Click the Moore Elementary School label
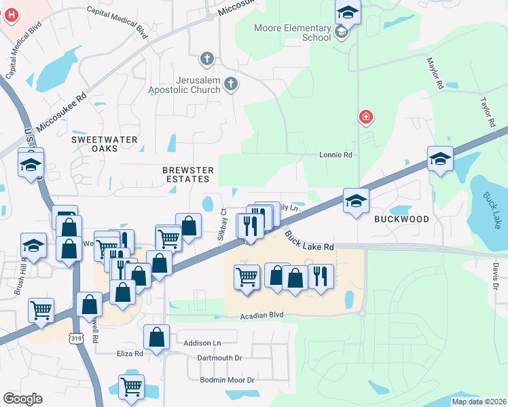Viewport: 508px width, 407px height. [292, 33]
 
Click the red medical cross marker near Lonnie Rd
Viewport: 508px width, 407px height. [366, 117]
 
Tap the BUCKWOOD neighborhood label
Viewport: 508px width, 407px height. [401, 220]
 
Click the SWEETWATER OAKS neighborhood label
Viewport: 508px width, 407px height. [105, 144]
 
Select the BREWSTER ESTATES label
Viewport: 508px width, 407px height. [188, 174]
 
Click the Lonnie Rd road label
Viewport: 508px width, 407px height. [336, 155]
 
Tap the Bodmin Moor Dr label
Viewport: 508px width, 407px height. [227, 380]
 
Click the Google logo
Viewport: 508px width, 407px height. [22, 399]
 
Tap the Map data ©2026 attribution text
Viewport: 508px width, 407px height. [477, 402]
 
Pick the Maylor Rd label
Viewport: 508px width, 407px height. [435, 73]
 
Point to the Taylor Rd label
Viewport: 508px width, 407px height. [486, 112]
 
